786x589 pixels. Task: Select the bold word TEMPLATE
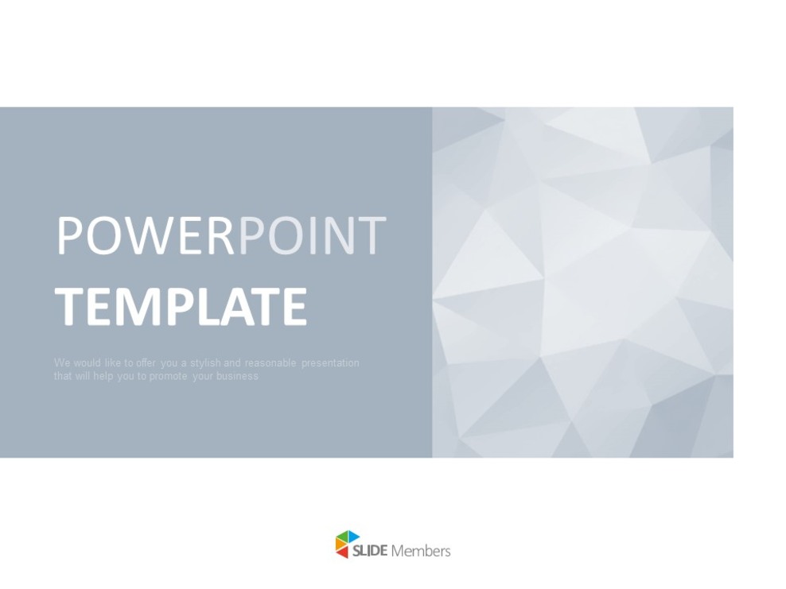coord(181,307)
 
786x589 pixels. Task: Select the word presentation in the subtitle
coord(330,363)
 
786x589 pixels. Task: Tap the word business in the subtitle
coord(239,377)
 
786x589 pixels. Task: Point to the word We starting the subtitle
coord(61,363)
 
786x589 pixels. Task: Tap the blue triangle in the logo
coord(353,537)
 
